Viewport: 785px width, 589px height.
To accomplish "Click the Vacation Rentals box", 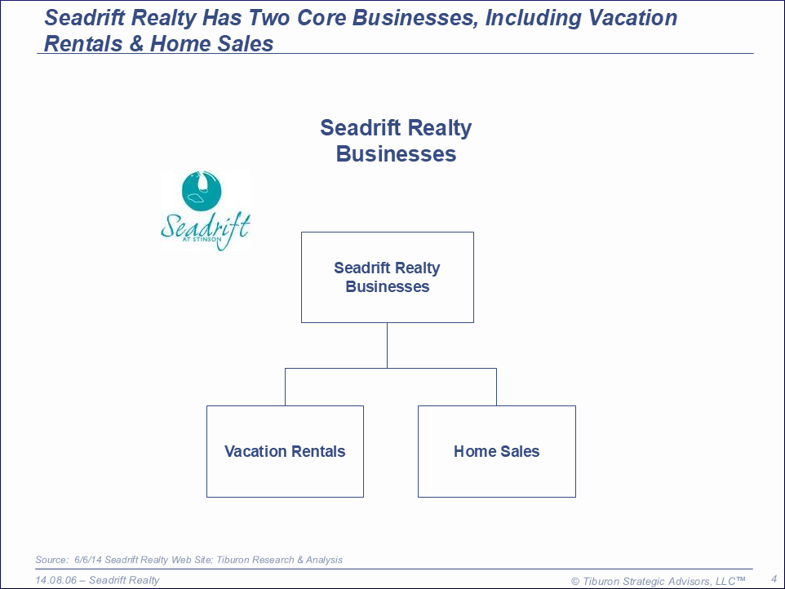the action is point(285,451).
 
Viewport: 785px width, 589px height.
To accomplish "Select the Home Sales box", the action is point(497,451).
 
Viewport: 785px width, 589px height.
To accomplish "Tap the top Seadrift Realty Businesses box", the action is point(388,277).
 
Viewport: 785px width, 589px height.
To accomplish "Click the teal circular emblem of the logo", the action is point(202,191).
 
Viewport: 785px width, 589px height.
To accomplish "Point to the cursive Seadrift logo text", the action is point(206,228).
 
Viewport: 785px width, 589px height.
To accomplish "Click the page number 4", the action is point(774,579).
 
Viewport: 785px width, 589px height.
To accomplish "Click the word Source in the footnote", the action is point(51,560).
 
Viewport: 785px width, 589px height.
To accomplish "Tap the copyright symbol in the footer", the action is point(575,582).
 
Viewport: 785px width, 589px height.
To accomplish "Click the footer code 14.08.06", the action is point(56,580).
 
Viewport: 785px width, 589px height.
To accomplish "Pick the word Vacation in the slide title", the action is point(632,18).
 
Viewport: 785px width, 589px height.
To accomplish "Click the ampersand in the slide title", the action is point(136,43).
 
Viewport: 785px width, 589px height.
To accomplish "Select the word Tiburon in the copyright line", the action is point(601,582).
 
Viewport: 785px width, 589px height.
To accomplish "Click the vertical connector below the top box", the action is point(387,345).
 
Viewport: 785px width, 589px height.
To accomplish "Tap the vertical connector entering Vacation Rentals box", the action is point(285,387).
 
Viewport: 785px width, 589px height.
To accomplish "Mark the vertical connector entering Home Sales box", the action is point(497,387).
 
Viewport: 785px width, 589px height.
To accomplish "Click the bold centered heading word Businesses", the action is point(396,153).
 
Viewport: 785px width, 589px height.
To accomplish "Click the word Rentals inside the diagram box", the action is point(318,451).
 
